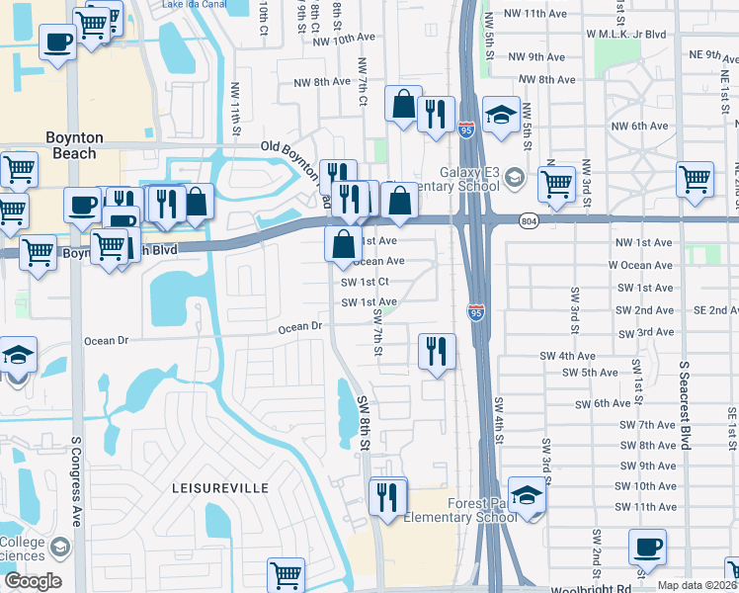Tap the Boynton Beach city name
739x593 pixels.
[71, 146]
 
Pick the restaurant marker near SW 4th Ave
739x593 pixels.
[436, 351]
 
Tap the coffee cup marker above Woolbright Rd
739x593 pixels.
[647, 546]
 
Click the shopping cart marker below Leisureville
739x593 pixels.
[286, 574]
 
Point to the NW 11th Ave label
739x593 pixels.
[534, 14]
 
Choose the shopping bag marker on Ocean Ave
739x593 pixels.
[343, 243]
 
